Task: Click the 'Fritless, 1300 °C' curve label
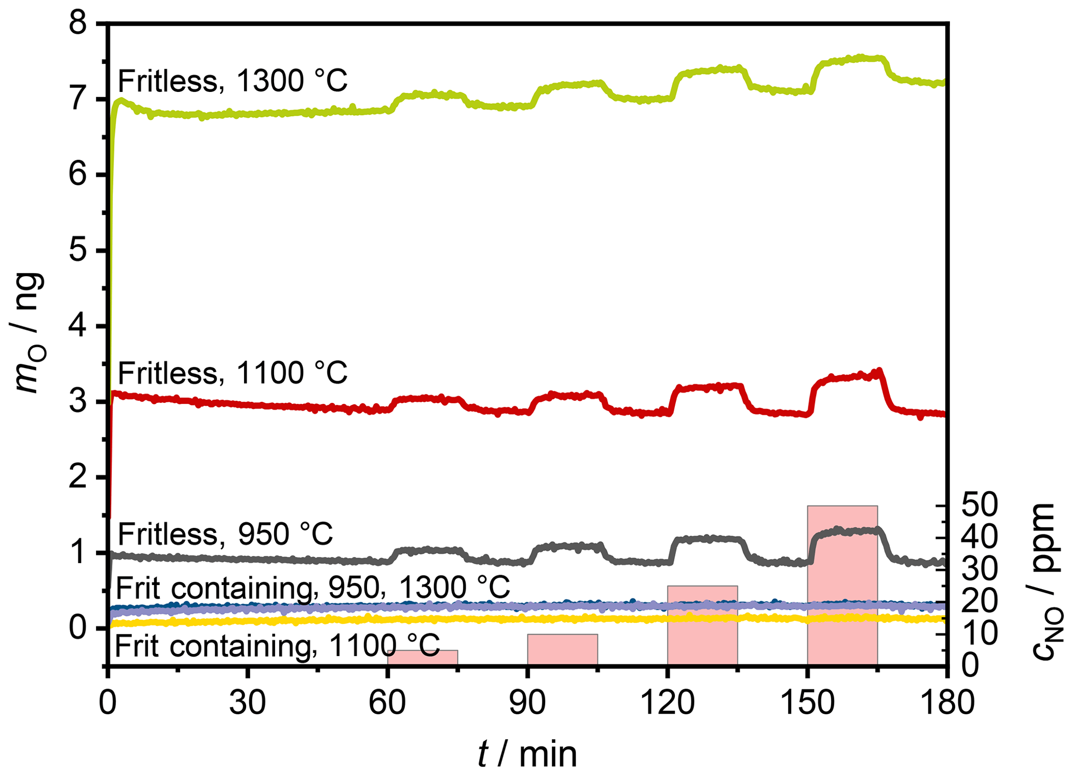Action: pyautogui.click(x=233, y=81)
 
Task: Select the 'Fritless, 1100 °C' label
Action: pyautogui.click(x=233, y=373)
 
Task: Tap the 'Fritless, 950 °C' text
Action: pyautogui.click(x=225, y=534)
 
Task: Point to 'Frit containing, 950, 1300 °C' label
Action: pyautogui.click(x=313, y=588)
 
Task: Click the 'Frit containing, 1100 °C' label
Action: pyautogui.click(x=277, y=646)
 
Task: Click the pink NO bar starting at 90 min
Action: pyautogui.click(x=562, y=649)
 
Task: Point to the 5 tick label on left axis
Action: pyautogui.click(x=79, y=251)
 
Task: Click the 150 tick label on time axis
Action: pyautogui.click(x=807, y=703)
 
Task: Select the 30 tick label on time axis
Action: pyautogui.click(x=248, y=703)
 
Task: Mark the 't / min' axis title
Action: pyautogui.click(x=527, y=754)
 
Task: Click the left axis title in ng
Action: pyautogui.click(x=29, y=332)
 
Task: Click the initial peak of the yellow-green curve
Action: pyautogui.click(x=121, y=100)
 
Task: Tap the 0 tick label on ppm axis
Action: pyautogui.click(x=971, y=665)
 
